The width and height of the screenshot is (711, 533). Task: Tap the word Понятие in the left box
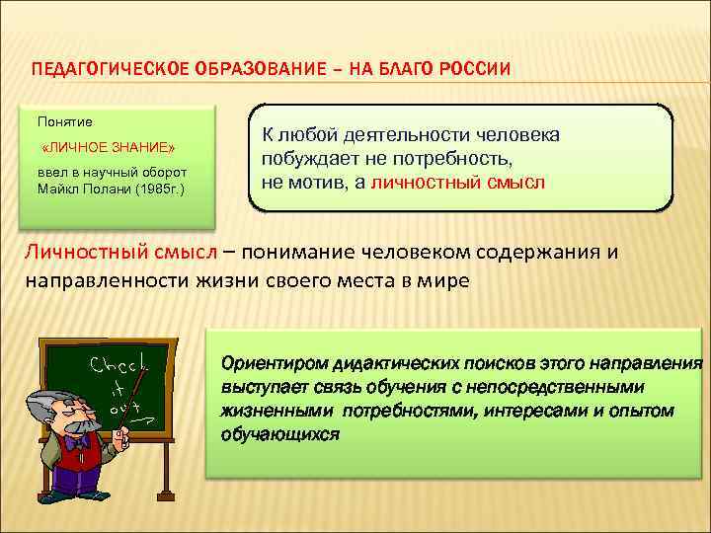point(65,121)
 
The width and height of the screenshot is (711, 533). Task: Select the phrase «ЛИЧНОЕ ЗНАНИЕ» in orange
point(109,148)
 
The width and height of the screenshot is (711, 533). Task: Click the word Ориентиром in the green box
point(267,363)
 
